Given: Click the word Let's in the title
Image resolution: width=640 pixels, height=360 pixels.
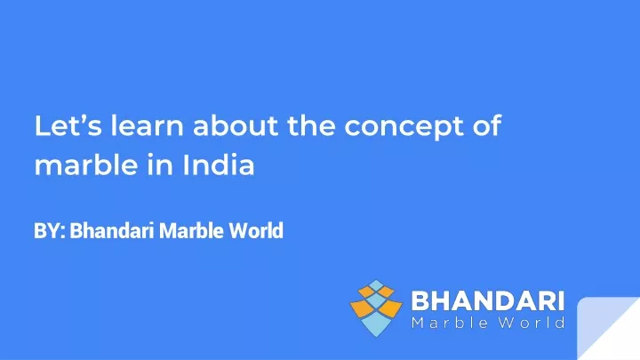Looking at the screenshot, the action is point(68,125).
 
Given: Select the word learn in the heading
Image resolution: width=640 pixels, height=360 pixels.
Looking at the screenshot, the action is point(148,125).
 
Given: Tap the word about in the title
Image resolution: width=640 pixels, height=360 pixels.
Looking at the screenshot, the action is point(236,125).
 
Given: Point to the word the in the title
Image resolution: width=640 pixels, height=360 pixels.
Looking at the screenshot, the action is point(311,125).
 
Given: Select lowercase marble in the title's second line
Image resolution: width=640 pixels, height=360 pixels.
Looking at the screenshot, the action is point(86,165).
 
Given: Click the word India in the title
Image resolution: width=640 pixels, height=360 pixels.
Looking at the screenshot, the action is point(219,165).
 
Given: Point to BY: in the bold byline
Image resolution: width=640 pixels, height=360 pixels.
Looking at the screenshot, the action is point(50,230).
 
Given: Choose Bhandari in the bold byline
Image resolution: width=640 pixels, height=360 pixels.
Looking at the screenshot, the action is point(112,230).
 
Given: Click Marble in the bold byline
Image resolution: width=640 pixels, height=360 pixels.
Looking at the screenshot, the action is point(191,230).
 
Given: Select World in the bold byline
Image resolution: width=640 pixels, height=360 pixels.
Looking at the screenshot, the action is point(256,230).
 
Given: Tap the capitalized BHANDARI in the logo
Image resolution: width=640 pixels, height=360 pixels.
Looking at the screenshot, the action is point(488,301).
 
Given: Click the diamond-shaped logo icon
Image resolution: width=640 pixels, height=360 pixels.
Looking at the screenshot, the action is point(376,308).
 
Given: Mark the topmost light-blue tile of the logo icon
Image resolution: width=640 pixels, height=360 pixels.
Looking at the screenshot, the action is point(376,285).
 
